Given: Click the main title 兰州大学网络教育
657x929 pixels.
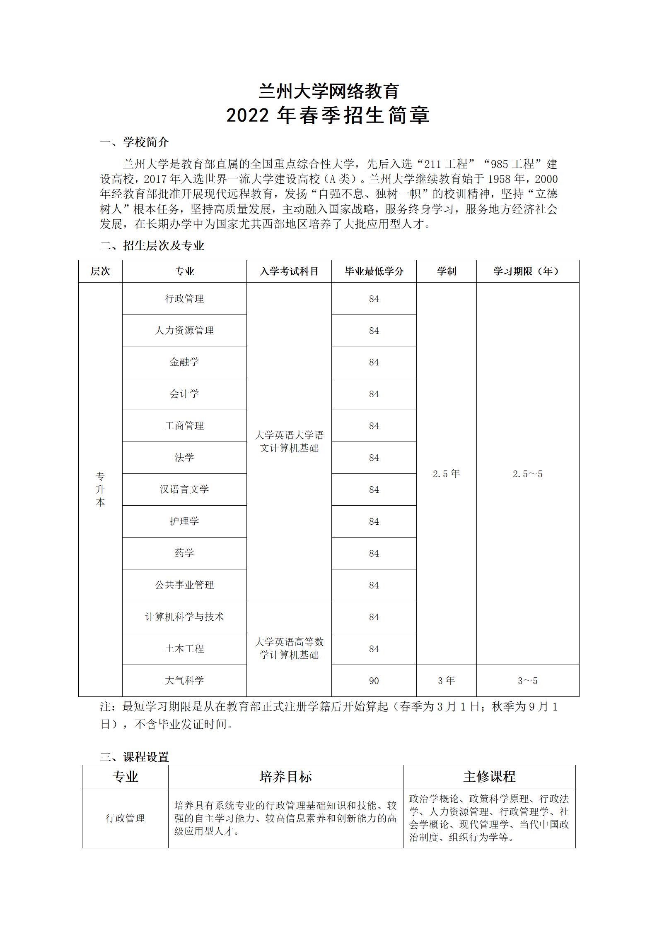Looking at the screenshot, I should point(328,91).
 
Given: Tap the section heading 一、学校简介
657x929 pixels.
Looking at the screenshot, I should point(134,142).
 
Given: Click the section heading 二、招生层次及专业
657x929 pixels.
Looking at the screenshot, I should point(152,246).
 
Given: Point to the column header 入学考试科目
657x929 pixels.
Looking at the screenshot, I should point(289,271).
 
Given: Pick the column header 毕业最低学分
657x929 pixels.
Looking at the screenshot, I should point(374,271).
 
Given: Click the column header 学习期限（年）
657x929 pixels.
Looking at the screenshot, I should point(527,271).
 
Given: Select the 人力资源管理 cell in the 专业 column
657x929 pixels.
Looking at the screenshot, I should point(184,330).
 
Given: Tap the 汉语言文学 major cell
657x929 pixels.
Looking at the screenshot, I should point(184,490).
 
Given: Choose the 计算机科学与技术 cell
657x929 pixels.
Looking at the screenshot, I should point(184,617).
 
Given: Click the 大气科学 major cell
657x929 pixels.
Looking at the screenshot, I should point(184,681).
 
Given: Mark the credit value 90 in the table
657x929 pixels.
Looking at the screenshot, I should point(374,681).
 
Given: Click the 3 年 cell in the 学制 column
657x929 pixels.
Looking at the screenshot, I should point(446,681).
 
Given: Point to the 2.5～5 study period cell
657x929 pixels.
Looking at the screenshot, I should point(527,474).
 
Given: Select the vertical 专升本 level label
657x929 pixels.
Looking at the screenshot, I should point(100,490).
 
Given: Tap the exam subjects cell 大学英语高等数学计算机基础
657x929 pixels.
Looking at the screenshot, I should point(289,649).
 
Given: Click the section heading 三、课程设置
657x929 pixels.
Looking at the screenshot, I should point(134,757).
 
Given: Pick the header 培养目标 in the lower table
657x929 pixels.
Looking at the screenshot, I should point(285,777).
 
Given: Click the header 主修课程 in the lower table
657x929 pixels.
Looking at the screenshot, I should point(489,777).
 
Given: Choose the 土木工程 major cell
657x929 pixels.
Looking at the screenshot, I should point(184,649).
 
